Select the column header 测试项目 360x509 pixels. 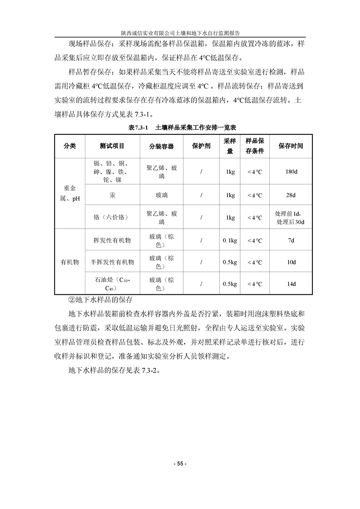[x=112, y=146]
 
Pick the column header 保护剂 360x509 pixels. [x=201, y=146]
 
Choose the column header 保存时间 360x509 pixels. [x=291, y=146]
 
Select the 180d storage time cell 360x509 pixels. [x=291, y=172]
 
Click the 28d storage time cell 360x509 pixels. [x=291, y=196]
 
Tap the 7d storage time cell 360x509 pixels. [x=291, y=240]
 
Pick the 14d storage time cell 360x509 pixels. [x=291, y=284]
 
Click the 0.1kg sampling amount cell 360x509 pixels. [x=230, y=240]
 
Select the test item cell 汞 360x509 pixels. [x=112, y=196]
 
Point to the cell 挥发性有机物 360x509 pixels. [x=112, y=240]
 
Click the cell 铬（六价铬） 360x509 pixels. [x=112, y=218]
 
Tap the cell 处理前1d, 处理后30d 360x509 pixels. [x=291, y=218]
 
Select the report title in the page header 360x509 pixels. [x=180, y=33]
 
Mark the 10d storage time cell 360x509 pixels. [x=291, y=262]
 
